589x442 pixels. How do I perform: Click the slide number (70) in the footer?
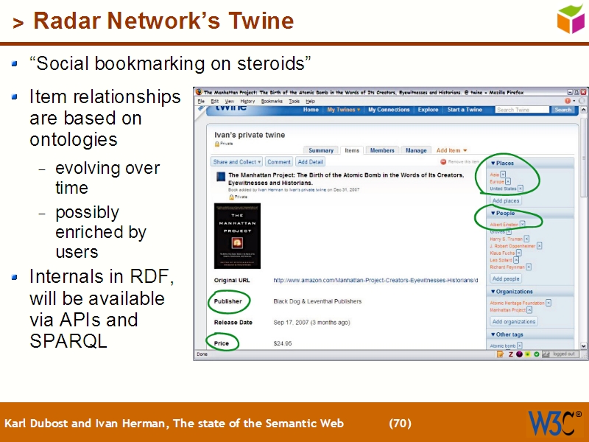tap(400, 424)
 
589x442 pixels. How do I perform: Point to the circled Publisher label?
tap(228, 301)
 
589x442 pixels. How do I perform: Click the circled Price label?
tap(222, 343)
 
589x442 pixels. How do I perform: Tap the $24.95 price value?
tap(283, 343)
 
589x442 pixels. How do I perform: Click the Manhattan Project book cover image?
tap(237, 236)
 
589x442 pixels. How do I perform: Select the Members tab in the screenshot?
tap(382, 150)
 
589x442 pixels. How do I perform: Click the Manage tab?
tap(416, 150)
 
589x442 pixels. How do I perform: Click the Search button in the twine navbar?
tap(563, 110)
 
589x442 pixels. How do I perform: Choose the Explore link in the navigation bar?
tap(428, 110)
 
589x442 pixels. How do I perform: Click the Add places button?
tap(506, 200)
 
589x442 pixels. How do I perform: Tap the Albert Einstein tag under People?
tap(504, 224)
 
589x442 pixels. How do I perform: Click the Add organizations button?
tap(514, 321)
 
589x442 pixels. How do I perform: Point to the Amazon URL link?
tap(375, 281)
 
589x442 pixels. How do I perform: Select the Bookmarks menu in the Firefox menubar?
tap(272, 101)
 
